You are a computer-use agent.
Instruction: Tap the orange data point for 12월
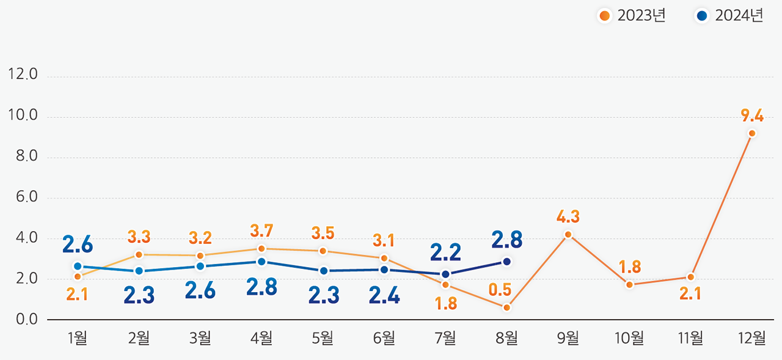pyautogui.click(x=751, y=133)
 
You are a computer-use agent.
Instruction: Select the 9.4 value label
pyautogui.click(x=751, y=115)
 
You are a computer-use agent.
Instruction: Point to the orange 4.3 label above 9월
pyautogui.click(x=568, y=216)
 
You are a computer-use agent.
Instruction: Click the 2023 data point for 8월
pyautogui.click(x=506, y=307)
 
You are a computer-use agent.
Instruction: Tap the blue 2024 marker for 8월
pyautogui.click(x=506, y=262)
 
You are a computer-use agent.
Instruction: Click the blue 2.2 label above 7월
pyautogui.click(x=445, y=252)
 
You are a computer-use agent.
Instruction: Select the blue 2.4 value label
pyautogui.click(x=384, y=295)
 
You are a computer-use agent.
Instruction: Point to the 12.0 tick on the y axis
pyautogui.click(x=23, y=75)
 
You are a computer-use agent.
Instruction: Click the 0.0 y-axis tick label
pyautogui.click(x=23, y=320)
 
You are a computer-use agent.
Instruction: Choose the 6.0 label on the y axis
pyautogui.click(x=23, y=197)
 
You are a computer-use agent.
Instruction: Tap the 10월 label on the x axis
pyautogui.click(x=629, y=338)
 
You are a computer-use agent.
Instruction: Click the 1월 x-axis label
pyautogui.click(x=78, y=338)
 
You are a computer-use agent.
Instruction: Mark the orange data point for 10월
pyautogui.click(x=629, y=285)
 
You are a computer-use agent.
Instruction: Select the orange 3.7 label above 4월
pyautogui.click(x=261, y=231)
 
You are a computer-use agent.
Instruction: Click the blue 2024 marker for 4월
pyautogui.click(x=261, y=262)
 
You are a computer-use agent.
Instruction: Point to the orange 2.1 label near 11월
pyautogui.click(x=690, y=294)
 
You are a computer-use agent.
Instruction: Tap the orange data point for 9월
pyautogui.click(x=568, y=235)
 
